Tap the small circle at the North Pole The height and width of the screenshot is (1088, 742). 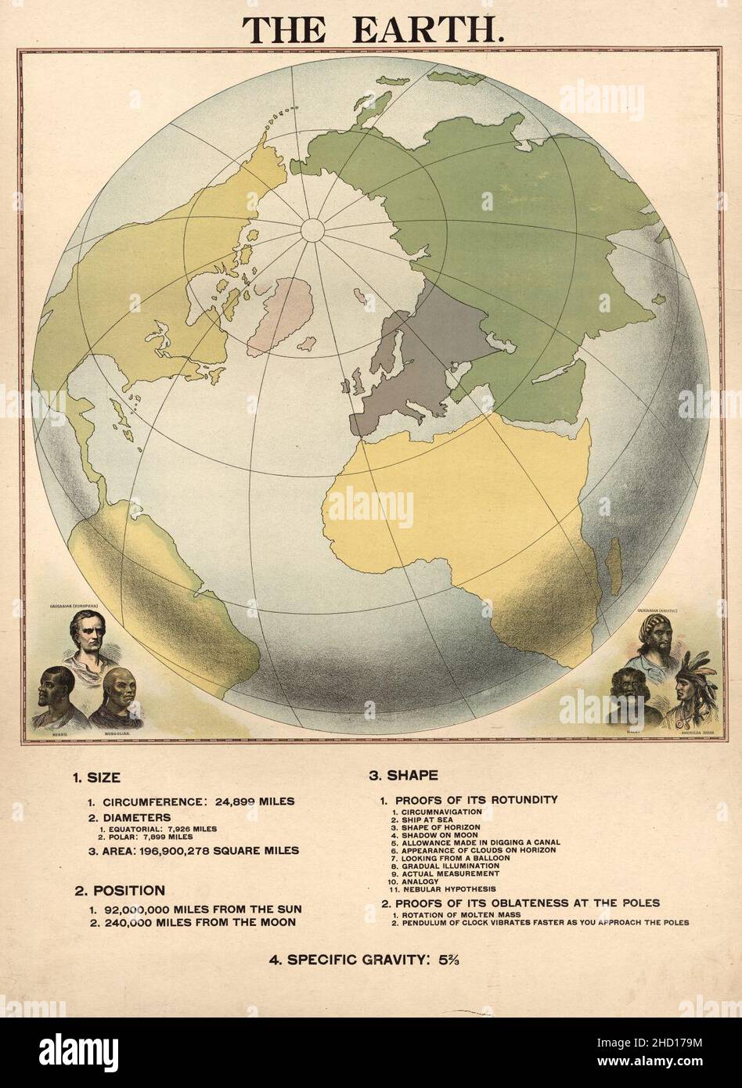(x=312, y=230)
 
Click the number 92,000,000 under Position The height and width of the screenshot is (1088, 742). (x=140, y=909)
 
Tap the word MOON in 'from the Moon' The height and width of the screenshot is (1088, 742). (x=277, y=922)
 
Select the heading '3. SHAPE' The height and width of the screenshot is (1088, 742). (x=403, y=776)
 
